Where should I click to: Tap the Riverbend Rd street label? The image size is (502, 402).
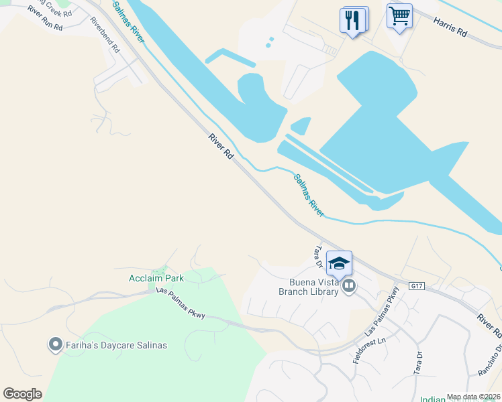point(105,40)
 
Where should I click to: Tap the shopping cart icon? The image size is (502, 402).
point(399,16)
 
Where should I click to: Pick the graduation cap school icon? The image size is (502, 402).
point(339,263)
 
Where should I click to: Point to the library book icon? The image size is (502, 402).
point(349,287)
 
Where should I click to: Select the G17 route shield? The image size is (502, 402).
point(417,286)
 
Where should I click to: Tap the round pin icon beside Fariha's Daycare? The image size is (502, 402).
point(55,345)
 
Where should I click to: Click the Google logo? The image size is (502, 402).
point(22,393)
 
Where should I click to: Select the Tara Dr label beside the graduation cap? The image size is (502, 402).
point(319,254)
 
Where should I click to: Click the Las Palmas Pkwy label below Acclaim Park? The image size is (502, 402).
point(180,302)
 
